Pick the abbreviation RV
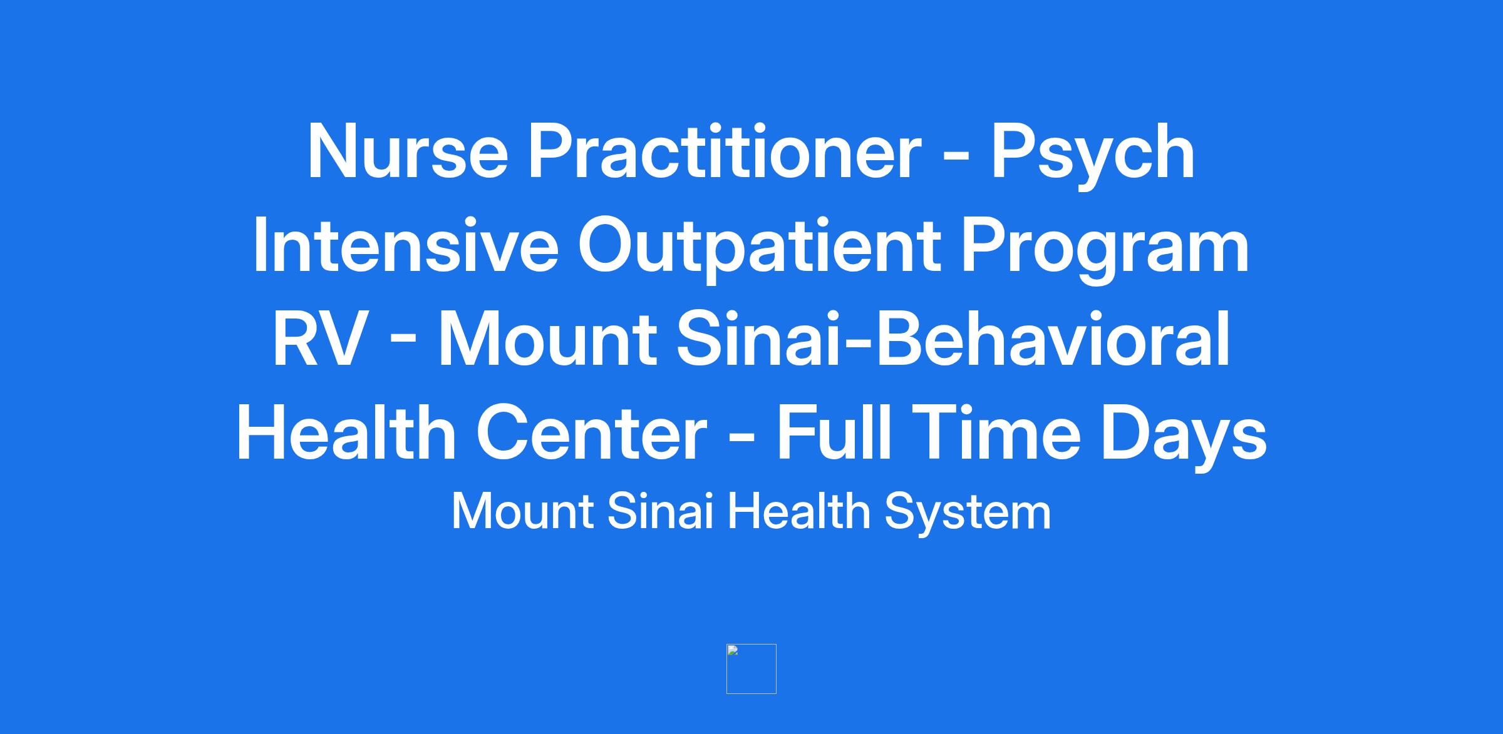[x=319, y=339]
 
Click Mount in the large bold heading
[x=548, y=339]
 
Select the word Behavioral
[x=1052, y=339]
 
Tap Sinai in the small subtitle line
[x=661, y=512]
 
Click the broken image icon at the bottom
[x=751, y=669]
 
